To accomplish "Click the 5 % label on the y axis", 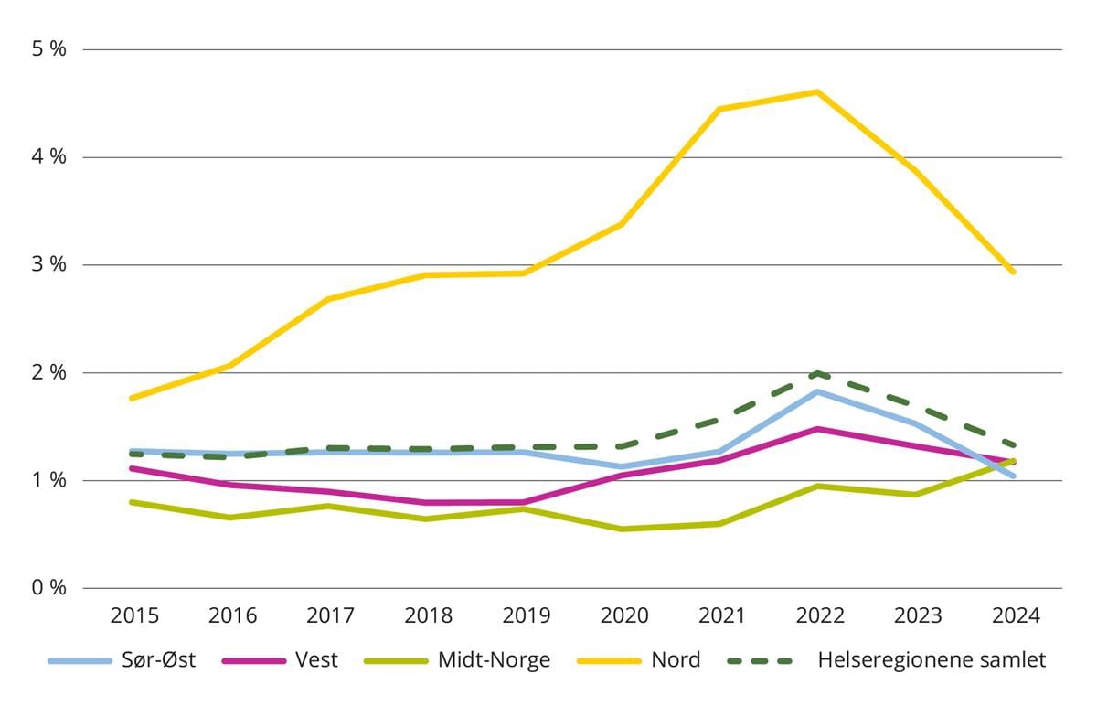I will click(50, 49).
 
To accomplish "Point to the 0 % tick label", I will click(50, 588).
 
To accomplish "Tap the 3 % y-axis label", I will click(50, 265).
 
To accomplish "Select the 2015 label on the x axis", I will click(134, 616).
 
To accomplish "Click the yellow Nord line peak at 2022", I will click(816, 91).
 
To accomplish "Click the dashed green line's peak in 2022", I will click(816, 373).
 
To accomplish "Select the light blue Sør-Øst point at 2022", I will click(816, 391).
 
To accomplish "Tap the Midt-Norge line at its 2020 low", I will click(622, 529).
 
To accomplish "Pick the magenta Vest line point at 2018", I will click(427, 502).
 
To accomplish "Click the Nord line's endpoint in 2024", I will click(1013, 272).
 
